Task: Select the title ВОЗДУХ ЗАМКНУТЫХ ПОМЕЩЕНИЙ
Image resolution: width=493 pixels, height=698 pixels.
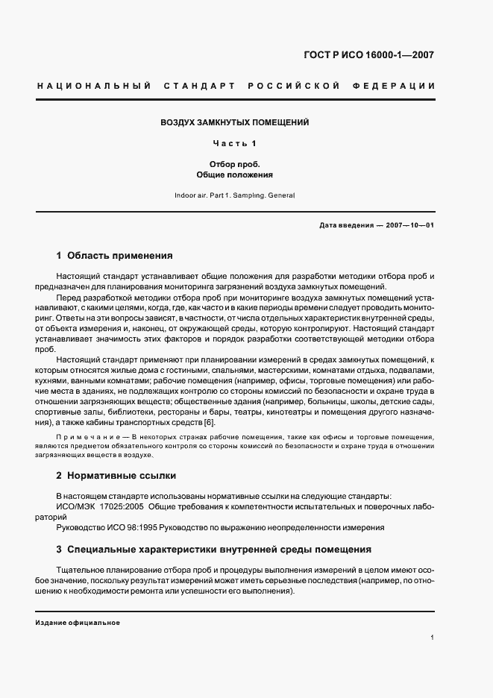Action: [x=235, y=122]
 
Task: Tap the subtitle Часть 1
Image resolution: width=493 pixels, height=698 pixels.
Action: [x=235, y=143]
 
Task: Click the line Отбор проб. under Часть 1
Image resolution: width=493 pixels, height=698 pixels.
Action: [x=235, y=164]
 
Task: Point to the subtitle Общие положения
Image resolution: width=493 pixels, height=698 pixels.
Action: [x=235, y=175]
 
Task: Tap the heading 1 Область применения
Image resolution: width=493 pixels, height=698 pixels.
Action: [x=114, y=254]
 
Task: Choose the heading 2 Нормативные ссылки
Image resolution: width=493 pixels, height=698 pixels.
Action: [x=116, y=475]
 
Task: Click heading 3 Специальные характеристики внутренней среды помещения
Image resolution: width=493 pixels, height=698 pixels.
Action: [x=213, y=550]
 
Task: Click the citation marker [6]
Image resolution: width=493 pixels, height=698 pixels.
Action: [x=209, y=424]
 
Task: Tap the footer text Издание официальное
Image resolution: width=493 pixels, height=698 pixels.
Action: [x=78, y=623]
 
